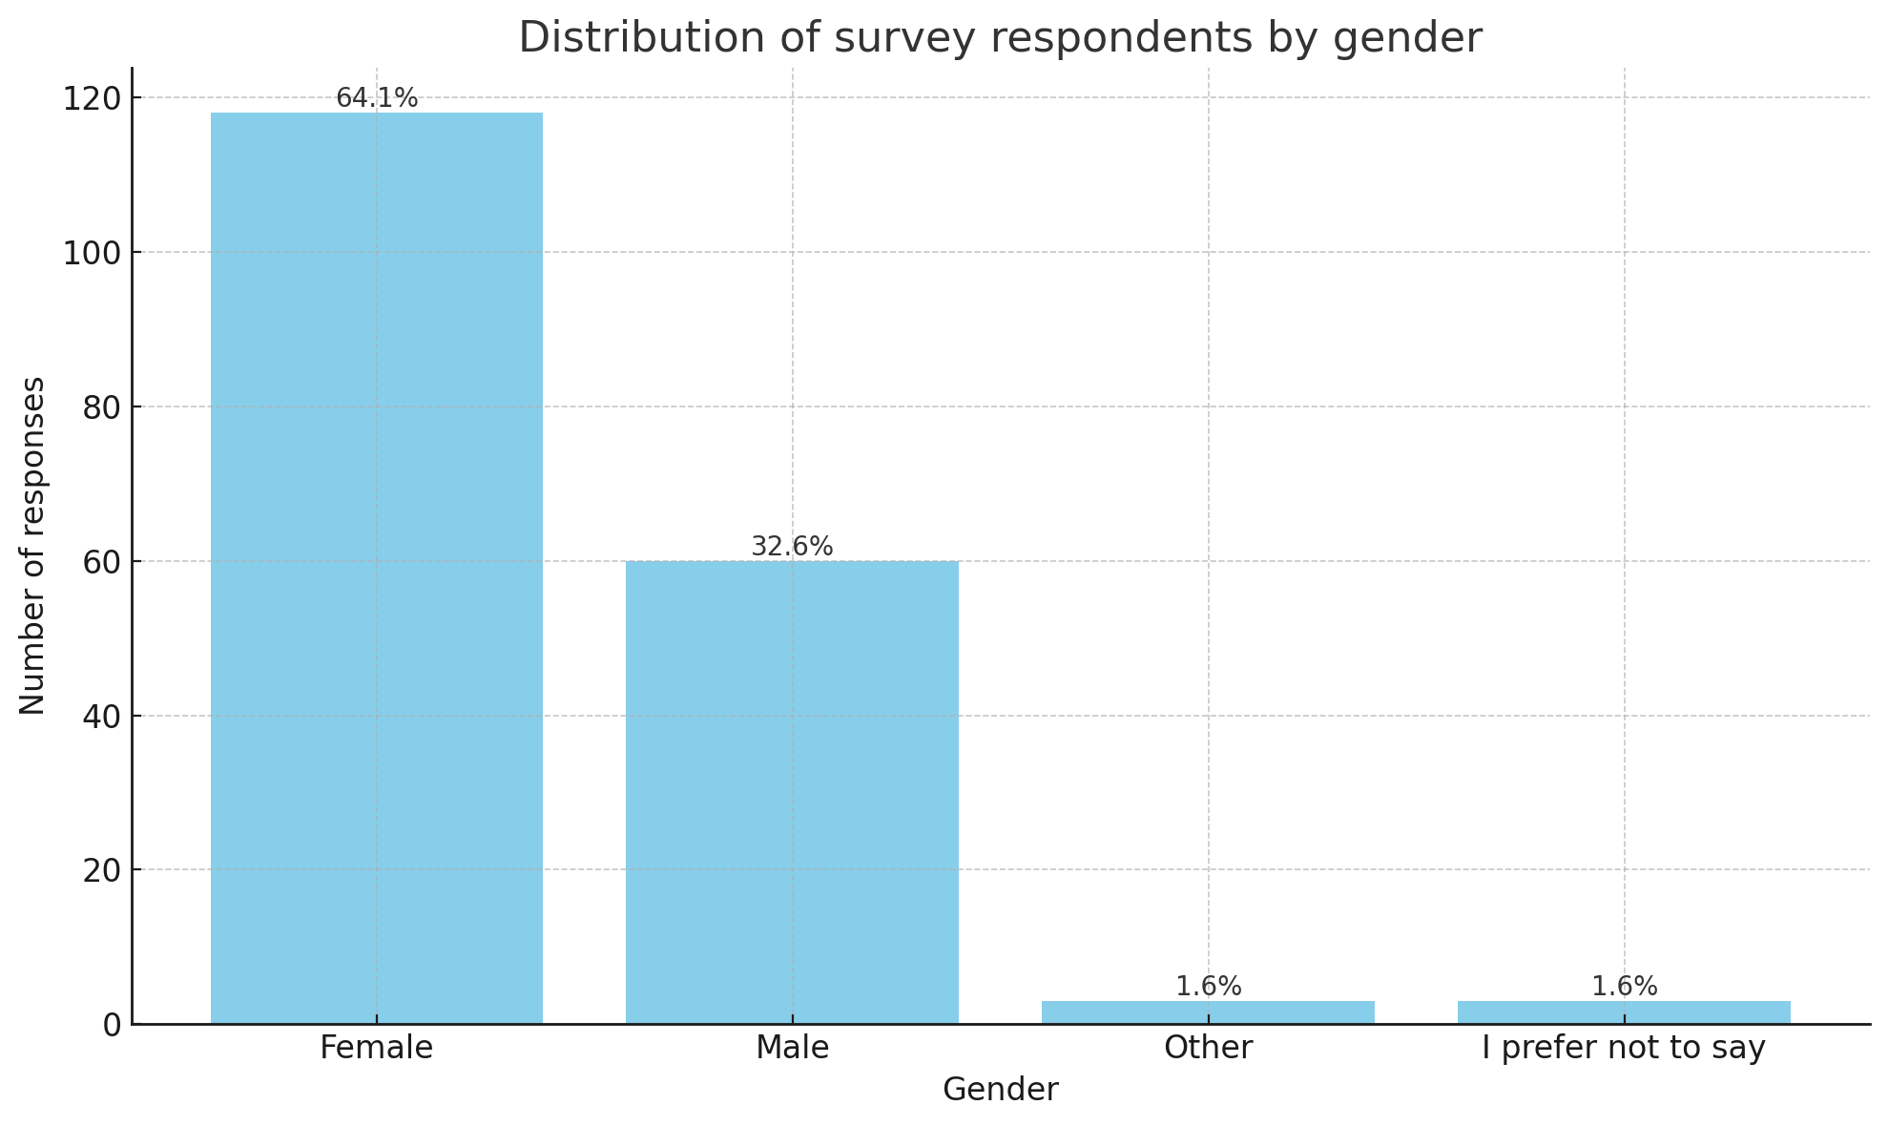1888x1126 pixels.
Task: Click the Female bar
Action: click(376, 568)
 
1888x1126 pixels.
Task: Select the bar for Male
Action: click(792, 792)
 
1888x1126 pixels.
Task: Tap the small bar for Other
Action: click(1208, 1012)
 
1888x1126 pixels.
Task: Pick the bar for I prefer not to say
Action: click(1624, 1012)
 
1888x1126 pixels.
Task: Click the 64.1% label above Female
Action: click(377, 98)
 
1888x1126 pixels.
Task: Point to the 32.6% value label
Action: click(792, 547)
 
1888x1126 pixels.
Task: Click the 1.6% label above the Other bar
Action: click(1208, 987)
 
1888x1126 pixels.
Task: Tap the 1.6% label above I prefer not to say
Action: click(1624, 987)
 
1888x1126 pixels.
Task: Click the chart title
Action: click(1000, 38)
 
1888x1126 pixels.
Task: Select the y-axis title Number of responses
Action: click(32, 546)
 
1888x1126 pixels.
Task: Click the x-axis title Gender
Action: click(1000, 1090)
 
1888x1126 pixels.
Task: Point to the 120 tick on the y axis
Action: click(92, 98)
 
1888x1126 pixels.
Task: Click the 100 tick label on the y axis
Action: click(92, 253)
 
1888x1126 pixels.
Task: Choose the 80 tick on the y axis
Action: click(100, 407)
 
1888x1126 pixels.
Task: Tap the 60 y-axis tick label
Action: click(100, 562)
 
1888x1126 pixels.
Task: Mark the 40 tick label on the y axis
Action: click(100, 717)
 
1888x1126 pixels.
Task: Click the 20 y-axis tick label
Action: click(100, 870)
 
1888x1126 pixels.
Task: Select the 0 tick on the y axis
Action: click(112, 1025)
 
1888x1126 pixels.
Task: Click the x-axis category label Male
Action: click(792, 1048)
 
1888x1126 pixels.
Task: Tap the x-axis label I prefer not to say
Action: click(1624, 1048)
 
